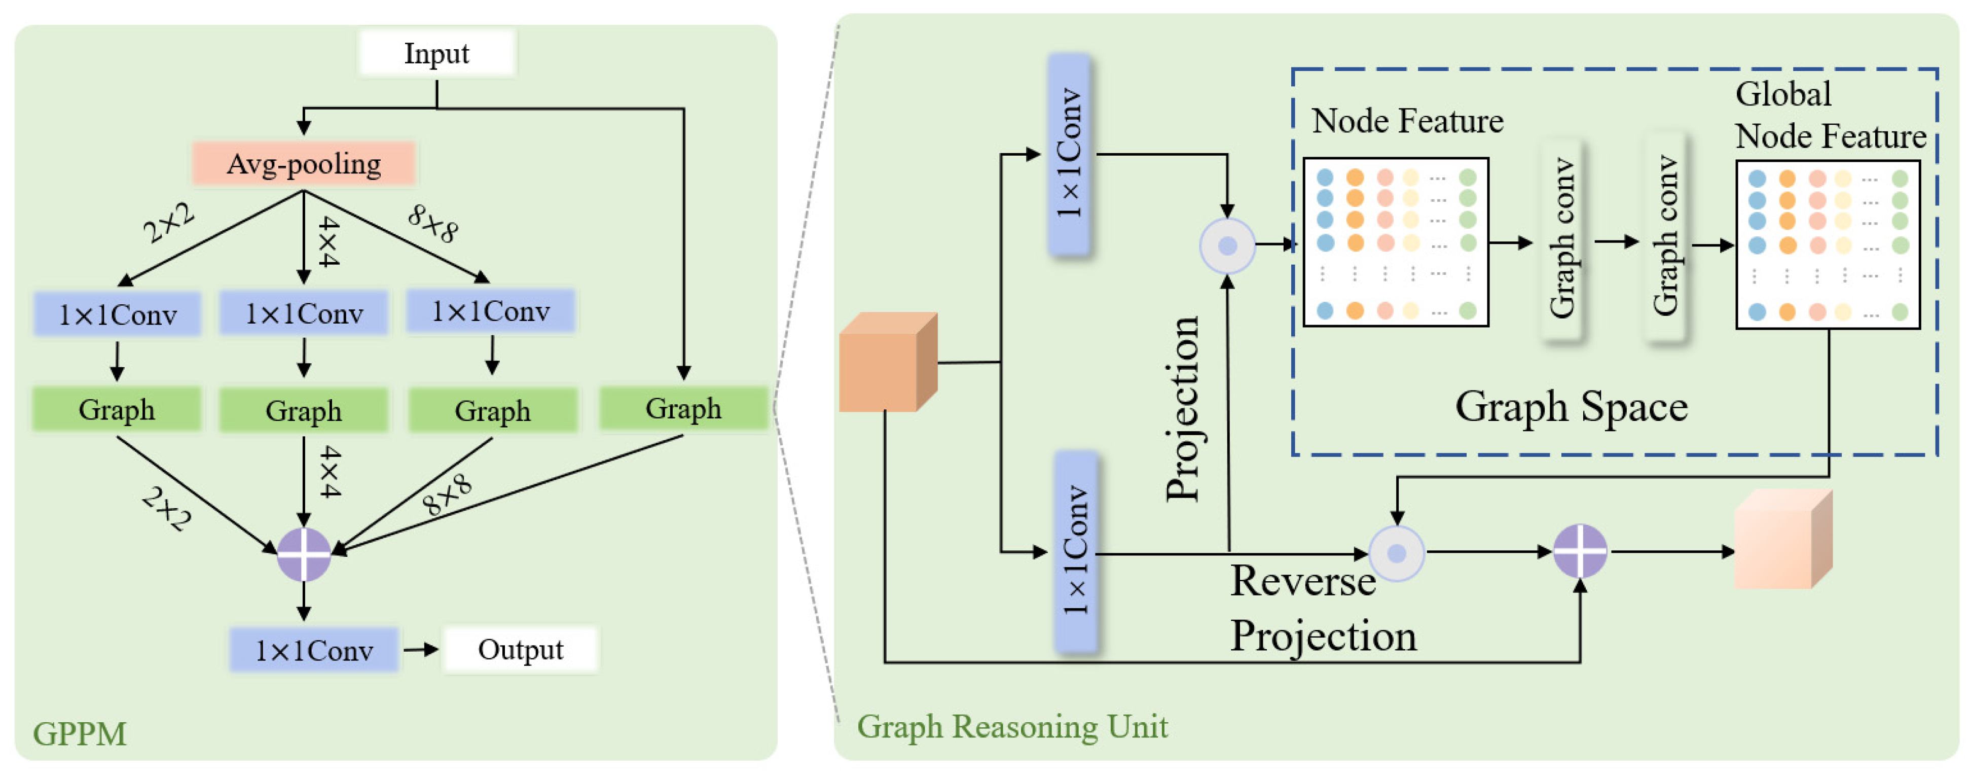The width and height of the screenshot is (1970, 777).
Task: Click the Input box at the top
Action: pos(436,54)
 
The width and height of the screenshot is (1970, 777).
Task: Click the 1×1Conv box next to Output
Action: pos(314,650)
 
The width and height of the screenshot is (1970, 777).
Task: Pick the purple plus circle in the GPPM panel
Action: pos(304,554)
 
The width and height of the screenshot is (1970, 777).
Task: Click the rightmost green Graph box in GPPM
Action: pos(683,408)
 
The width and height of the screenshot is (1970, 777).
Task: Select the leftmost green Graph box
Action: pos(116,410)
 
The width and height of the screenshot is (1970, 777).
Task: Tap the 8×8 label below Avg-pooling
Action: pos(433,223)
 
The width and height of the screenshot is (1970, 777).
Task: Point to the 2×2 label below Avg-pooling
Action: pos(169,223)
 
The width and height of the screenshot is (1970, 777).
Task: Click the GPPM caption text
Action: pos(80,733)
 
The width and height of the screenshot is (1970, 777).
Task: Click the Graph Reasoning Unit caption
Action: pos(1012,726)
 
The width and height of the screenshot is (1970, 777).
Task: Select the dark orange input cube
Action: pos(887,363)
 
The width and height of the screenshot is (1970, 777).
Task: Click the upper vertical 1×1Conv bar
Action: pos(1069,153)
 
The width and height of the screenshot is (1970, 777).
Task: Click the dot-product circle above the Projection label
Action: pos(1227,245)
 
